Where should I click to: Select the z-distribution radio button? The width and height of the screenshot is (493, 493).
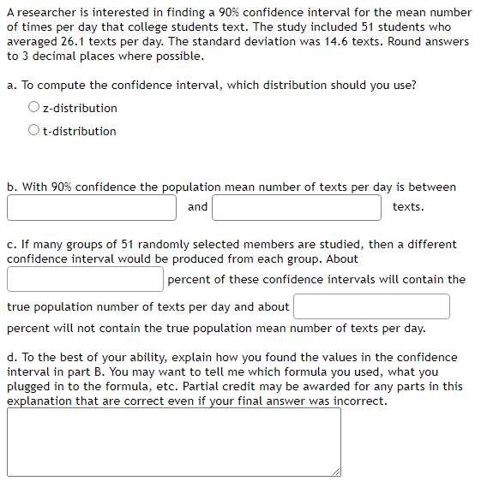33,108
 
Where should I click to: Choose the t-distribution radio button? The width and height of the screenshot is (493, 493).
33,131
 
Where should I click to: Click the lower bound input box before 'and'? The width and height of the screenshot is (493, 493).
93,207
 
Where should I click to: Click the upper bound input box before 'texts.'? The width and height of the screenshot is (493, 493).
297,207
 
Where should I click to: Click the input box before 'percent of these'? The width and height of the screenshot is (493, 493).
86,279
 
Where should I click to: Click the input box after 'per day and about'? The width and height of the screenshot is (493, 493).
371,306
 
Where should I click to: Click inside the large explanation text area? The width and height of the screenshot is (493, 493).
173,442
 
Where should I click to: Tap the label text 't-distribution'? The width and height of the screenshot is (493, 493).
80,131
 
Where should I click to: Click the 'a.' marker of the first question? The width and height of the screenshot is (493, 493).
12,85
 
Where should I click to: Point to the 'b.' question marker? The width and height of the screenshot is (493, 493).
12,187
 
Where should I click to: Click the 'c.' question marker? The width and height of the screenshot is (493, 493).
12,244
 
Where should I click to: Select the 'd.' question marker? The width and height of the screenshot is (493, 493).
12,357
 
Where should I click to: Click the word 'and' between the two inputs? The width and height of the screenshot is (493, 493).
197,206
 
